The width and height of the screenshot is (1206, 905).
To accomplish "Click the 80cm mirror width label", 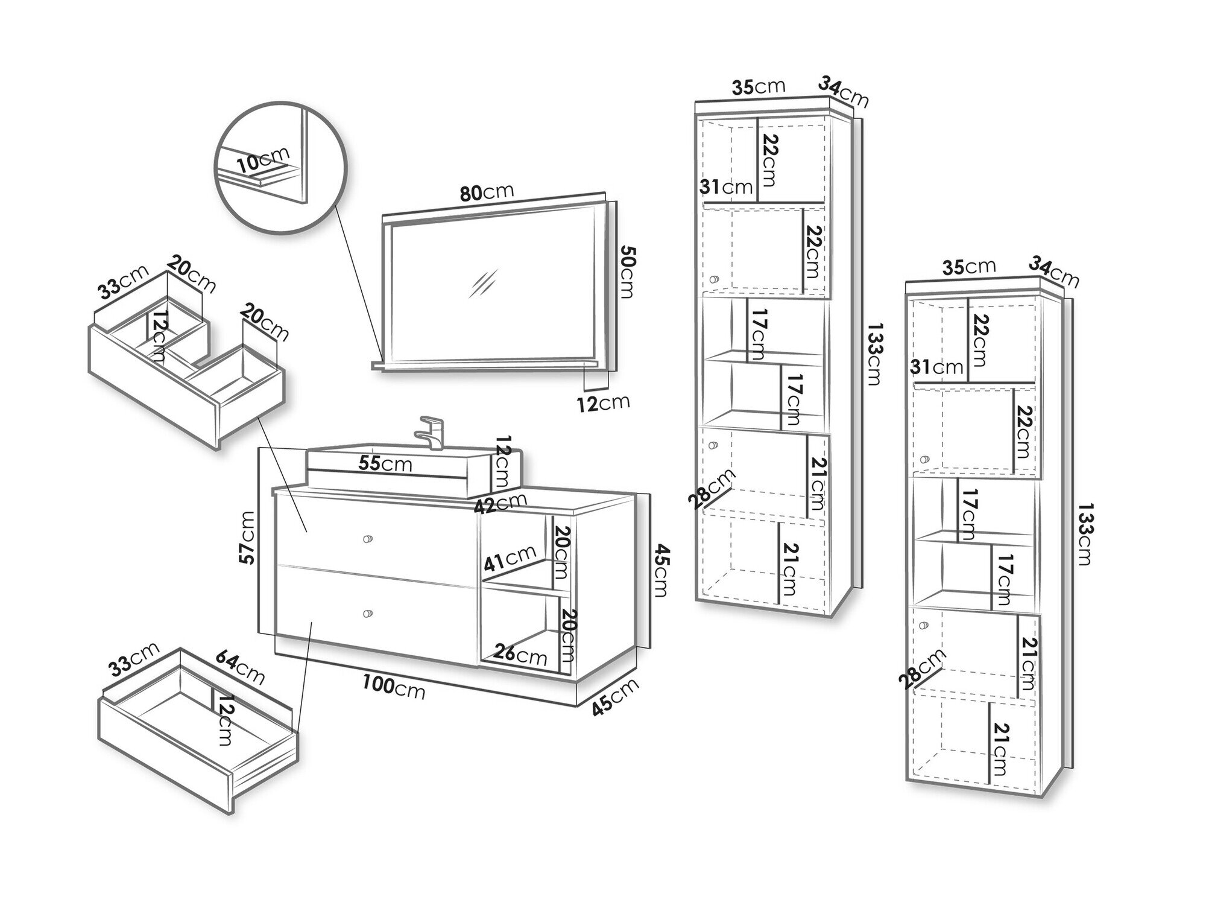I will [487, 192].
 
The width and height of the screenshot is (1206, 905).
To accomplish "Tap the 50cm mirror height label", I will [628, 271].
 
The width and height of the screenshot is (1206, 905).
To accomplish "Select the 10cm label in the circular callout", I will [263, 160].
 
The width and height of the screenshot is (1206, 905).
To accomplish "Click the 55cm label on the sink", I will [385, 463].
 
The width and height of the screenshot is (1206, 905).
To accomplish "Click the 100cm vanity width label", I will [393, 687].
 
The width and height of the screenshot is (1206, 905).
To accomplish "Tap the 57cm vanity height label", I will [247, 538].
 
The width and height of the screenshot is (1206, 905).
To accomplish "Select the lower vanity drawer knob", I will [366, 614].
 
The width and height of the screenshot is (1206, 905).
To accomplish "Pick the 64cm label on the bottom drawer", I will [239, 665].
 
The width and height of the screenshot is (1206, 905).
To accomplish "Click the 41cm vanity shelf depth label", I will [510, 558].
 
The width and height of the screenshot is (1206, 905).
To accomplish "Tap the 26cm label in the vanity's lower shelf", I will [520, 654].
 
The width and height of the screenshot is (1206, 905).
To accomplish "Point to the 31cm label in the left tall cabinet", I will [726, 187].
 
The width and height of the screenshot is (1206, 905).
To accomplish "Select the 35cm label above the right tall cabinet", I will [969, 266].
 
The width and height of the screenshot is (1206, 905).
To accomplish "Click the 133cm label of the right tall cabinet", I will [1084, 534].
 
